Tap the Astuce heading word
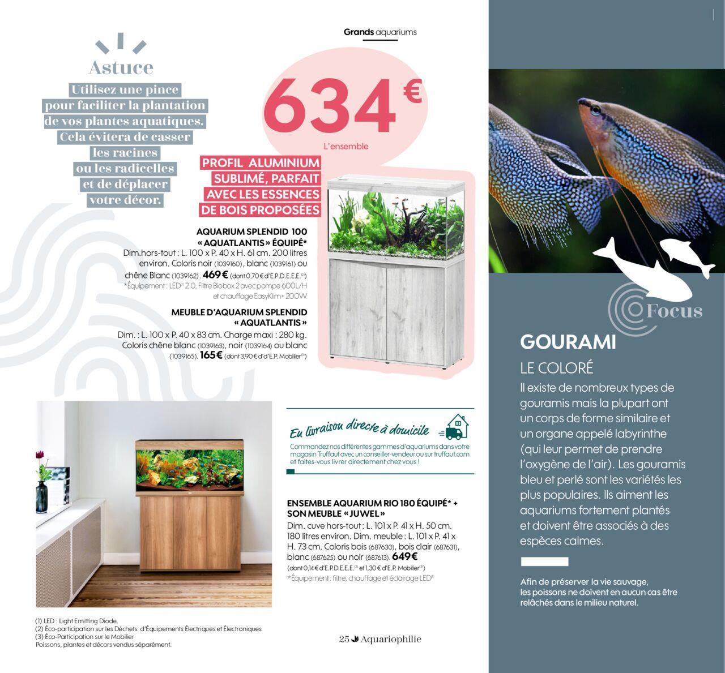point(121,67)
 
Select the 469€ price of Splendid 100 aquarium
point(215,275)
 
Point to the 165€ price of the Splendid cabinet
point(211,356)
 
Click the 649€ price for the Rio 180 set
point(404,556)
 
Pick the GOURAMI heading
point(568,342)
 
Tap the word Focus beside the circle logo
point(674,311)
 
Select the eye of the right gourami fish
point(594,107)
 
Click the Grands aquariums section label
point(380,32)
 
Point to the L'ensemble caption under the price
point(346,146)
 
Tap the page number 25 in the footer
point(344,639)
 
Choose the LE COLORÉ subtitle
point(556,368)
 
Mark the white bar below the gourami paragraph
point(544,561)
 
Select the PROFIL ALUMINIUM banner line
point(261,163)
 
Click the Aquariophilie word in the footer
point(391,639)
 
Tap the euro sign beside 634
point(412,92)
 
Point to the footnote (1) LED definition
point(76,621)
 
